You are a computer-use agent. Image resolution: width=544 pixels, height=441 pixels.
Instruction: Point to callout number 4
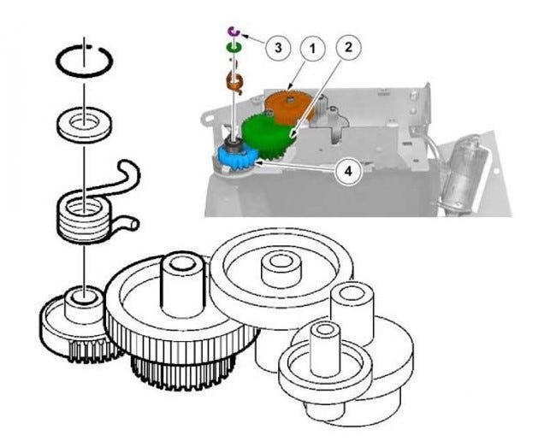point(346,170)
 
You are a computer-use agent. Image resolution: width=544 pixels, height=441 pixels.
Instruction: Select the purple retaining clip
point(232,32)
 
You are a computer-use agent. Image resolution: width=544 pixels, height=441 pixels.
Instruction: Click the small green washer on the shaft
point(232,50)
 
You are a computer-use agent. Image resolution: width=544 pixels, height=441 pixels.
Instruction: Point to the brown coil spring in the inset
point(234,82)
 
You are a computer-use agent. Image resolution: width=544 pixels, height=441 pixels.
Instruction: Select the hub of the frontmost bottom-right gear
point(325,346)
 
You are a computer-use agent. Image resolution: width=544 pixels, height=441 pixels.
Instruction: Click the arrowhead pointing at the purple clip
point(244,35)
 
